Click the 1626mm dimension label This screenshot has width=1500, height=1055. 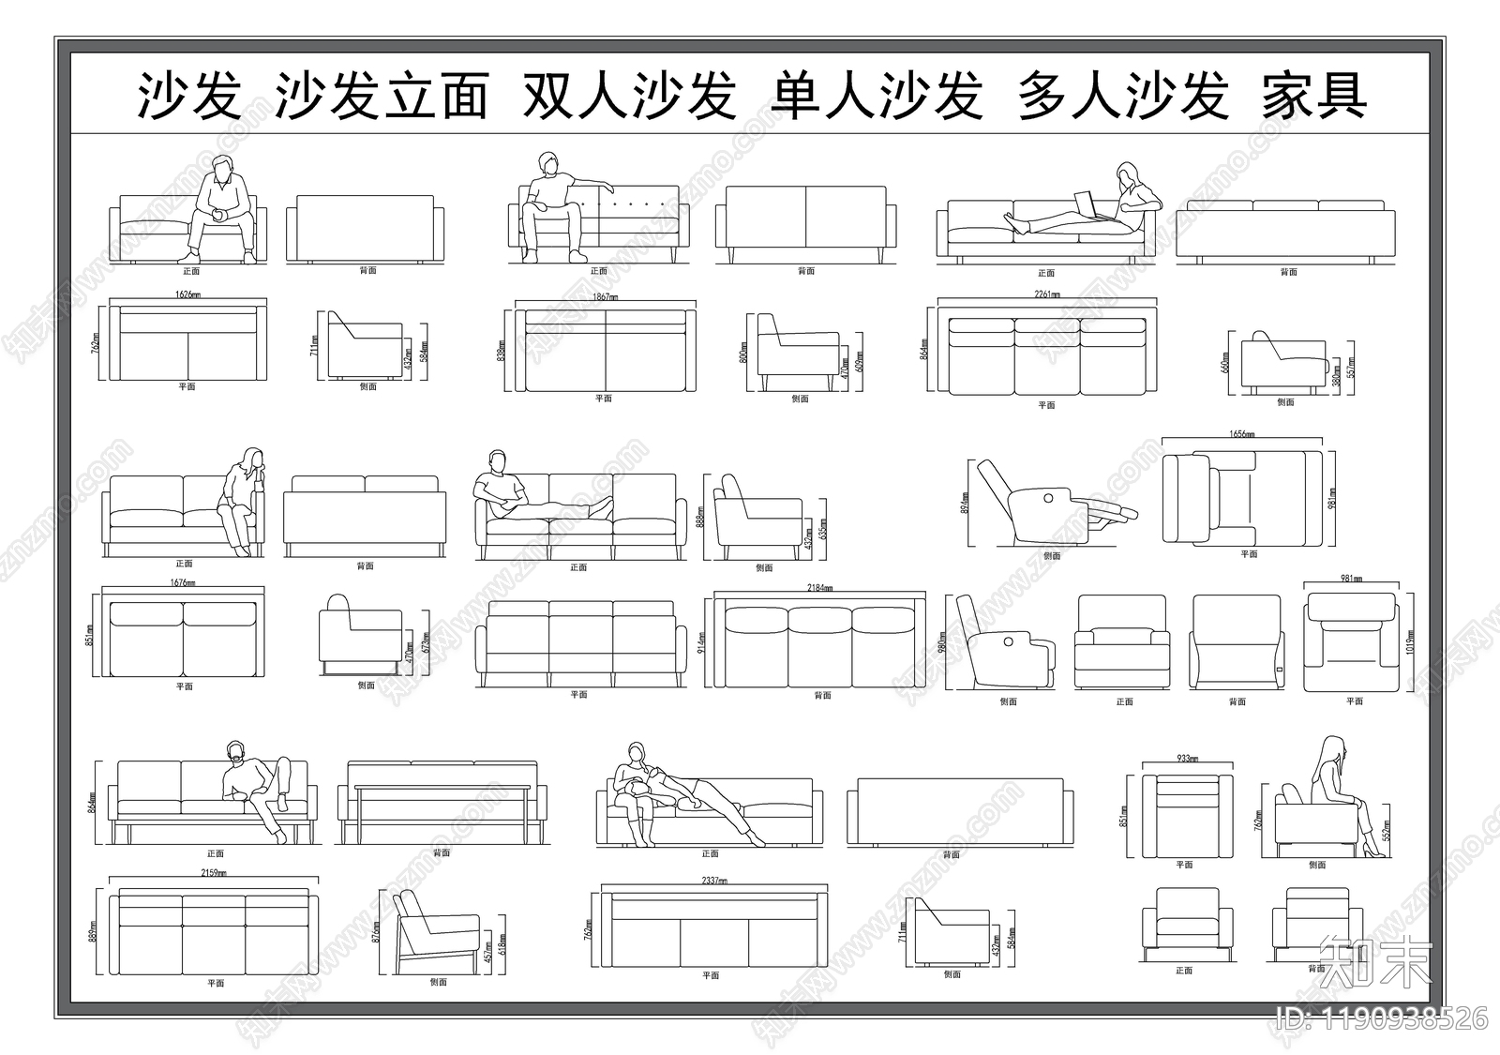187,294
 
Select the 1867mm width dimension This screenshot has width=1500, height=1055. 605,297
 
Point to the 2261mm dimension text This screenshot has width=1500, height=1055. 1046,294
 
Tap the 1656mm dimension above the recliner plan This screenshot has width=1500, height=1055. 1242,434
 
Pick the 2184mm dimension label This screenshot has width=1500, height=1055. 820,588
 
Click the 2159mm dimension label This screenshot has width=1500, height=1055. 215,873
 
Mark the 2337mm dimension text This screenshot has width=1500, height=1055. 713,881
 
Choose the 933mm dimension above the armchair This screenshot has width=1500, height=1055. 1187,759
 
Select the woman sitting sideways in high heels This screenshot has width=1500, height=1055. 1336,788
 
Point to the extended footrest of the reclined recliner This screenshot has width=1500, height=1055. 1116,511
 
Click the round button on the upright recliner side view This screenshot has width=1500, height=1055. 1012,641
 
